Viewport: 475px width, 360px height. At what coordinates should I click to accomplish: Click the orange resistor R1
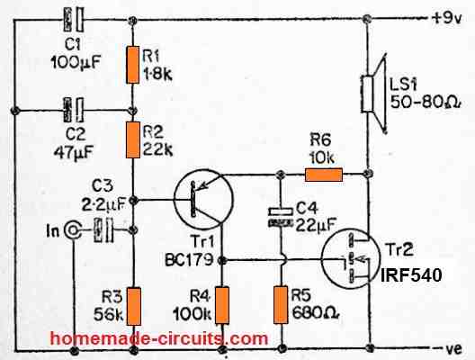point(132,65)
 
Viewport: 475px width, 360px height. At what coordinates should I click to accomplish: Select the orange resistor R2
point(133,139)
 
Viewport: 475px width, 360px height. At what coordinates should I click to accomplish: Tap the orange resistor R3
point(133,306)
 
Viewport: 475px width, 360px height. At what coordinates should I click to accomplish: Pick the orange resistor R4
point(222,305)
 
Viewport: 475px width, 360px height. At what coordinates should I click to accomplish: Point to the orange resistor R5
point(281,304)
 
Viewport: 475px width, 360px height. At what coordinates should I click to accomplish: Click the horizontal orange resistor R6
point(324,175)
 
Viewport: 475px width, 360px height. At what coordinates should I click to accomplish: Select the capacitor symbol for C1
point(73,20)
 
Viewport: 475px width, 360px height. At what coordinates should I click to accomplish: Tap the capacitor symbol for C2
point(73,110)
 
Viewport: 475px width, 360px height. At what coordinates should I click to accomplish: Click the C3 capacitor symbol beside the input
point(103,230)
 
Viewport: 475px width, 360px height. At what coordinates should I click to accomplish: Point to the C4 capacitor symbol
point(281,217)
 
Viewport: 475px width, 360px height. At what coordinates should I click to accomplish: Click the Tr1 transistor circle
point(203,200)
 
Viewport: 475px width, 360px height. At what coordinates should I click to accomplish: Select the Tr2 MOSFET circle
point(351,258)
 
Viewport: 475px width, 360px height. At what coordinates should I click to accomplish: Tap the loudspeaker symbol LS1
point(374,94)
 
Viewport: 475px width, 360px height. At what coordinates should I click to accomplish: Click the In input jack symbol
point(72,231)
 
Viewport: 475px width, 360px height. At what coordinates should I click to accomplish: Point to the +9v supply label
point(446,19)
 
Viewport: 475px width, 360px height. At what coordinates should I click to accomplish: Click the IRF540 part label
point(411,275)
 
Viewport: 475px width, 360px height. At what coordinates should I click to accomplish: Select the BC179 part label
point(189,260)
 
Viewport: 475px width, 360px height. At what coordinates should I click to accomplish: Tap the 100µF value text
point(76,62)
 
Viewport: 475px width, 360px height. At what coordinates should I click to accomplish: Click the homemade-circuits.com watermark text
point(159,338)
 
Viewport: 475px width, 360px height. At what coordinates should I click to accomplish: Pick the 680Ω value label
point(315,313)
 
